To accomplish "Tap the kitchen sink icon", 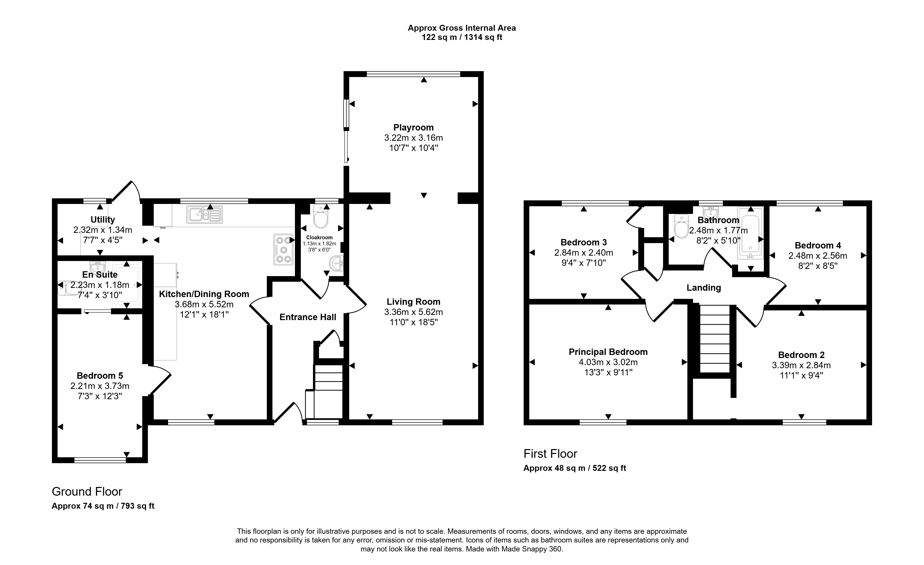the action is (204, 214).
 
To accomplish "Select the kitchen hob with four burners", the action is (283, 249).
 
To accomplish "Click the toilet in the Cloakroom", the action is (321, 216).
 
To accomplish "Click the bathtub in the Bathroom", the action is (750, 233).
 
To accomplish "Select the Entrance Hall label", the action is (308, 317).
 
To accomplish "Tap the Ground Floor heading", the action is (87, 492).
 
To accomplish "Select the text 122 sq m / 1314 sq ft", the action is (462, 37).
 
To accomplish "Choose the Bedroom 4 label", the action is (818, 245).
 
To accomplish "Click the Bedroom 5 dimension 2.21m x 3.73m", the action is (100, 386).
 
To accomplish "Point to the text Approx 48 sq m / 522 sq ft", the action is (575, 468).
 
